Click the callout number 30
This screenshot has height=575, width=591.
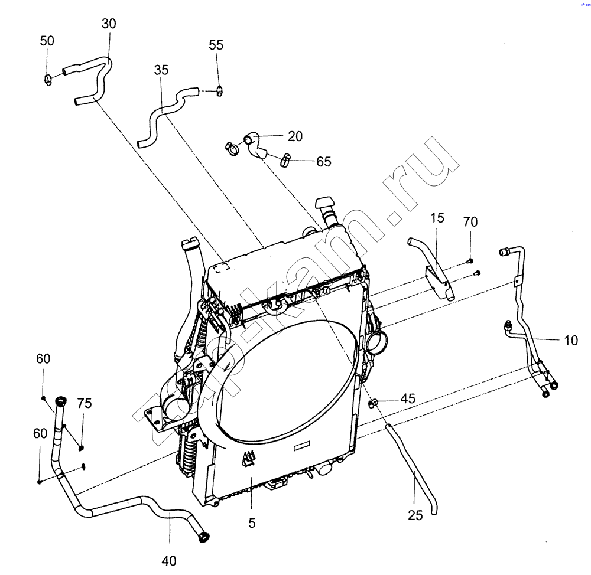coord(109,24)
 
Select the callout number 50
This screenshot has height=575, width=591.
coord(47,41)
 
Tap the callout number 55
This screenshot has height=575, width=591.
coord(216,45)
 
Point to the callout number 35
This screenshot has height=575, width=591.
coord(161,70)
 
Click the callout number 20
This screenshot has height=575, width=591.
coord(295,136)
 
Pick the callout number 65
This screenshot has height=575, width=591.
coord(323,162)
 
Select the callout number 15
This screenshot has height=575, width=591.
coord(437,218)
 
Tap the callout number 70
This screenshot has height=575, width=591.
coord(470,222)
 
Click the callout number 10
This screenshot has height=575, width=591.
coord(571,341)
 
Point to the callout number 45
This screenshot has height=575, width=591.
coord(408,398)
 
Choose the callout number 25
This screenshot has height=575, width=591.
coord(415,515)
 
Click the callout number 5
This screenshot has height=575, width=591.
coord(252,522)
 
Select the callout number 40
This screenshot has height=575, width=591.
coord(169,561)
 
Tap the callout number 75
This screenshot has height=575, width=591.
coord(85,403)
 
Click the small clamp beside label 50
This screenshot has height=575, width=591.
coord(48,79)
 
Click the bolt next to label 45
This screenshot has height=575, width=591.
coord(373,404)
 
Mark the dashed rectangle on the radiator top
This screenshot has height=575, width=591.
coord(221,267)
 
